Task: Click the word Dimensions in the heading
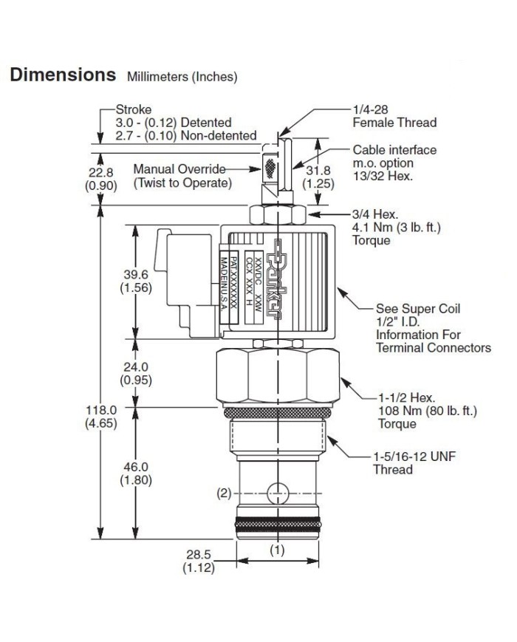pyautogui.click(x=62, y=75)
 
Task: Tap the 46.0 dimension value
pyautogui.click(x=135, y=467)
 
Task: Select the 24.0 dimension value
pyautogui.click(x=135, y=366)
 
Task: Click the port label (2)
pyautogui.click(x=225, y=494)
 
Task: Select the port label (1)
pyautogui.click(x=276, y=549)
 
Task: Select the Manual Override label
pyautogui.click(x=180, y=169)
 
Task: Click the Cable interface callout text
pyautogui.click(x=394, y=150)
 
